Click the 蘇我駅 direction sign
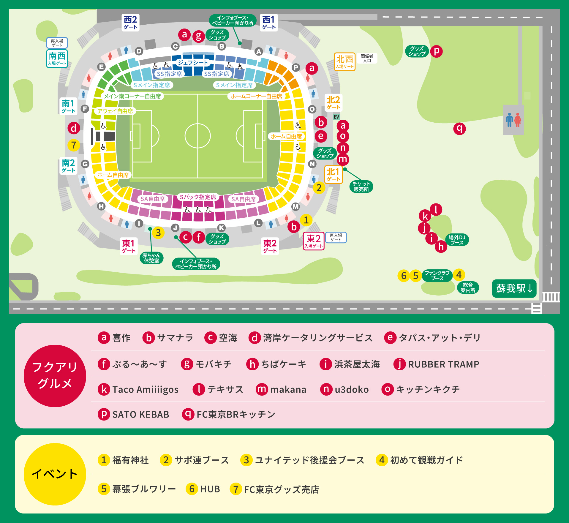coord(514,288)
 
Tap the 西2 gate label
coord(130,23)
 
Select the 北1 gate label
coord(333,175)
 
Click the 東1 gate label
coord(129,246)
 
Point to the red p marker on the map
coord(436,51)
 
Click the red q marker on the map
coord(459,129)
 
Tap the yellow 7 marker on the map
coord(74,145)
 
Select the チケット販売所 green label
coord(361,187)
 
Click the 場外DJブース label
coord(457,240)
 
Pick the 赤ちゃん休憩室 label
coord(151,258)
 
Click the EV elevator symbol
coord(336,117)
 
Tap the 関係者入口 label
coord(367,58)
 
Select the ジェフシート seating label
coord(193,63)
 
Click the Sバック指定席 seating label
coord(198,197)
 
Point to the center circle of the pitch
coord(197,136)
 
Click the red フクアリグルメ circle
coord(55,376)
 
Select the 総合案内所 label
coord(468,287)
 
